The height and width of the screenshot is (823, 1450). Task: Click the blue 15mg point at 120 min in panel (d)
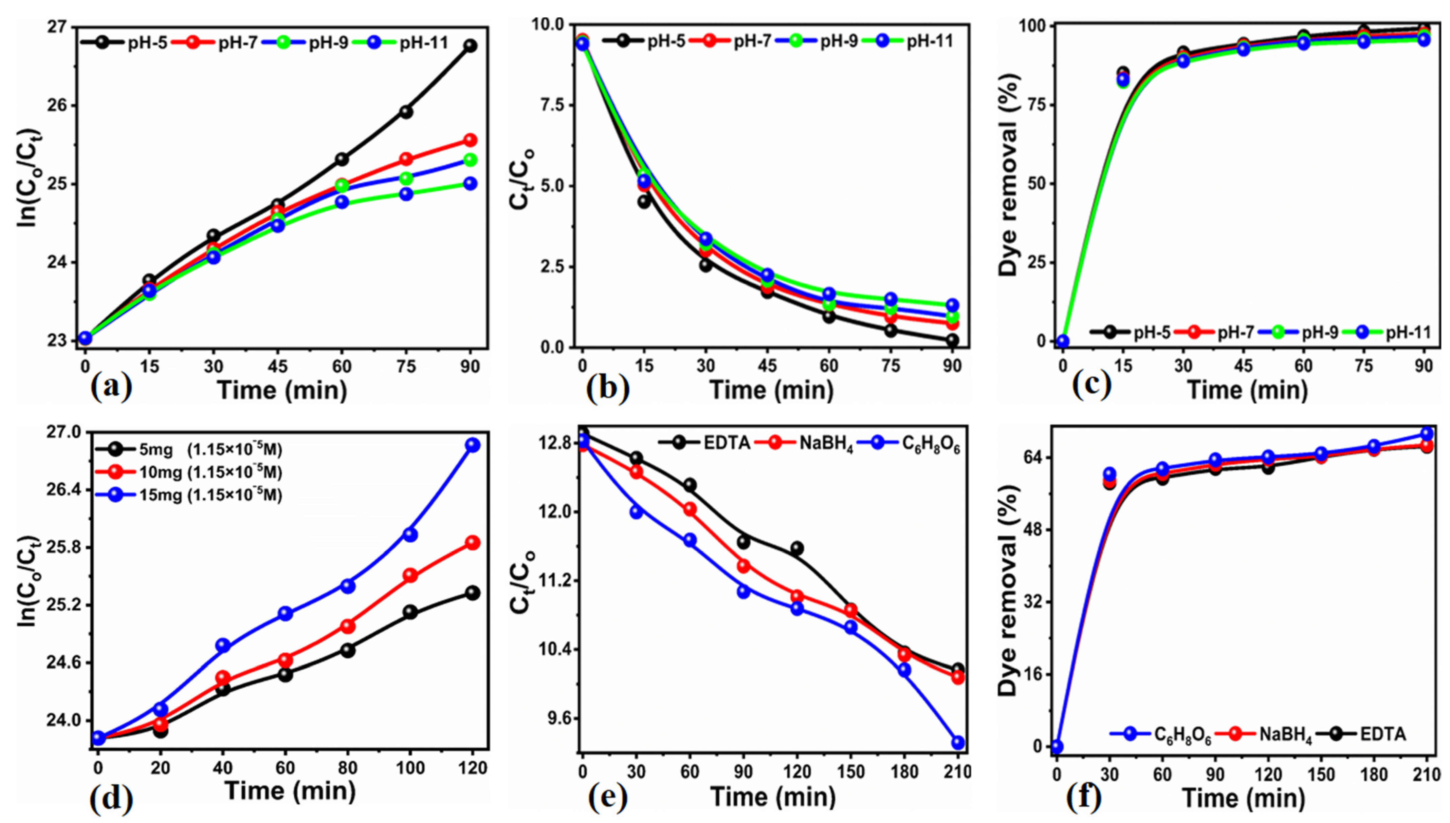click(x=473, y=445)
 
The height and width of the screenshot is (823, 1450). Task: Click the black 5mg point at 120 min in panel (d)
click(x=473, y=593)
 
